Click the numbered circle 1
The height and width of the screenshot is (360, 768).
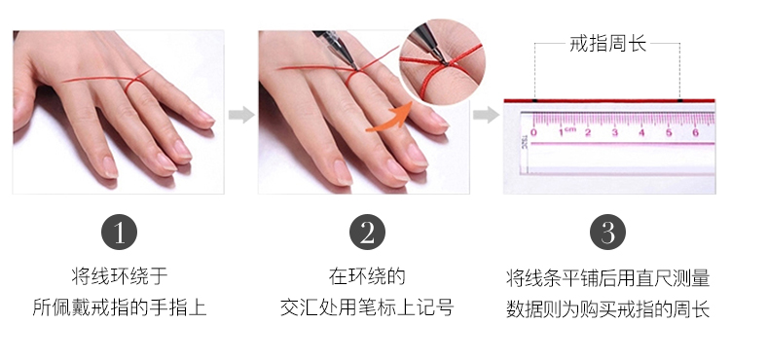click(119, 233)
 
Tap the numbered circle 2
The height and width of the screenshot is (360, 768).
click(367, 233)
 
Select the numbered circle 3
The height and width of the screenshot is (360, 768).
click(607, 233)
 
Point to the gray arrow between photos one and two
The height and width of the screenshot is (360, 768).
click(241, 115)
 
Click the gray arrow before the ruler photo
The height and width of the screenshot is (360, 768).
click(486, 115)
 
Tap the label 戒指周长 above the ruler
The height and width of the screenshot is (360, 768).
click(607, 44)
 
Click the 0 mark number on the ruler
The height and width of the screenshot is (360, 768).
click(533, 132)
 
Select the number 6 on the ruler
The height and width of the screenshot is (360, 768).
click(695, 132)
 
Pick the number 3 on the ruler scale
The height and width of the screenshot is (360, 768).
click(615, 132)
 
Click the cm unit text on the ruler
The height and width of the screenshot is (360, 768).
click(570, 129)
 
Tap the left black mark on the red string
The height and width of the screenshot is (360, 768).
click(534, 100)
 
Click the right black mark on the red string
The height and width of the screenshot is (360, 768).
click(679, 100)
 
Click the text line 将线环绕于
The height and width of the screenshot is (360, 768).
click(120, 276)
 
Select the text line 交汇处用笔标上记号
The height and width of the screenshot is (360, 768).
click(367, 307)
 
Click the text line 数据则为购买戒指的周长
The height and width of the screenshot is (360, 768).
click(607, 309)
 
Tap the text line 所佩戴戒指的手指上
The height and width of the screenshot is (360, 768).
click(120, 307)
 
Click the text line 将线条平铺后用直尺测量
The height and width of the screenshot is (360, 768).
click(607, 277)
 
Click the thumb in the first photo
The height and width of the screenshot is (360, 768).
click(22, 105)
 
